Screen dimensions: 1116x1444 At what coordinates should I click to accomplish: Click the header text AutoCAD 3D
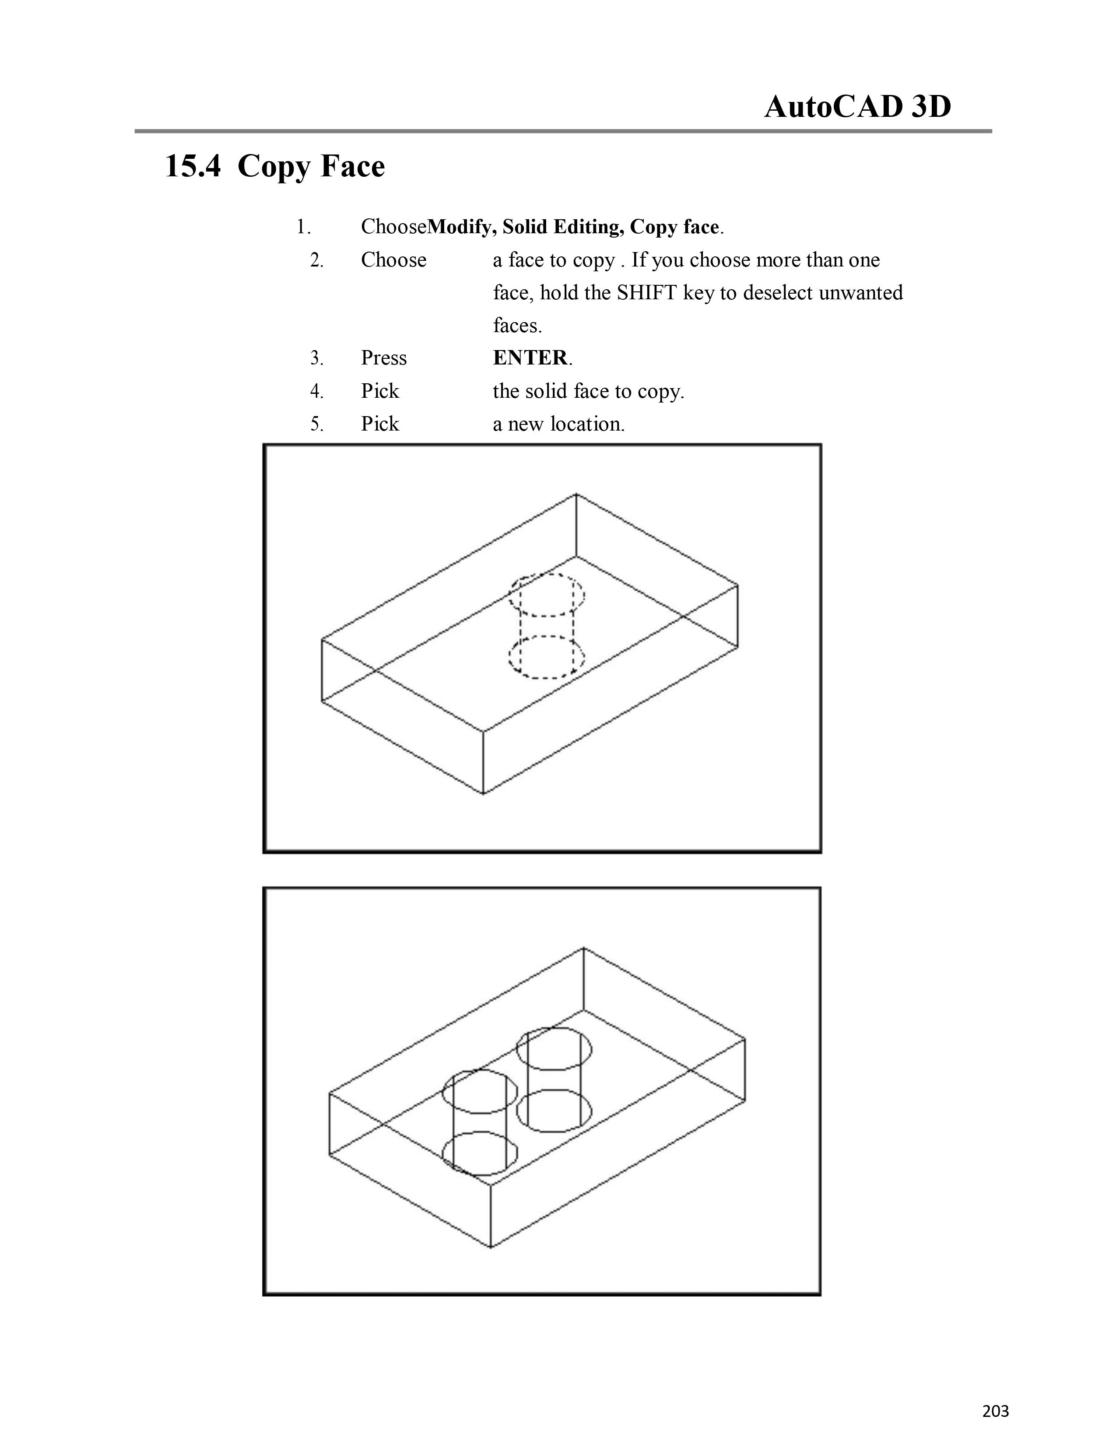(857, 106)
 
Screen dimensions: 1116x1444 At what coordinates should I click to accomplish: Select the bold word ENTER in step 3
(530, 357)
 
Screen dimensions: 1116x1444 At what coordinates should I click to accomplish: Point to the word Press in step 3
(383, 357)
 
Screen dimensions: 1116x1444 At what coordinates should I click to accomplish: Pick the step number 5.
(317, 424)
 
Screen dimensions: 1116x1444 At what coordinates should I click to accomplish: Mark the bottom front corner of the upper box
(483, 793)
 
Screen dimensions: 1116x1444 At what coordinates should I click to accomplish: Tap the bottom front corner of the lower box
(491, 1248)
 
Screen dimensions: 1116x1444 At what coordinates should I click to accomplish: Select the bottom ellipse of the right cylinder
(554, 1130)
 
